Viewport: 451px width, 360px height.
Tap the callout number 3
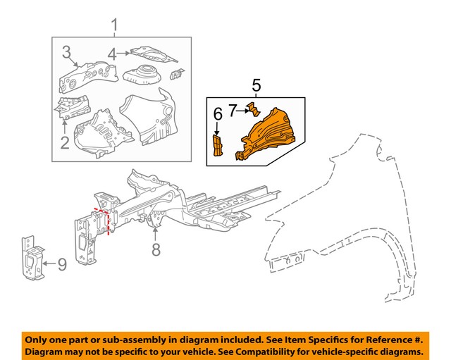coord(66,51)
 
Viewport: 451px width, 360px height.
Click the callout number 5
coord(257,86)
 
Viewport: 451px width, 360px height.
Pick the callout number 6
coord(218,113)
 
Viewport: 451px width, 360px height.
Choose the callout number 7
coord(232,110)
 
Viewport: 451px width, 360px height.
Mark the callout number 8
coord(156,248)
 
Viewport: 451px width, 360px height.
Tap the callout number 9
coord(61,265)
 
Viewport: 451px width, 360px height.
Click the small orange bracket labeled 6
coord(217,147)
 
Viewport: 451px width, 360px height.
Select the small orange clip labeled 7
coord(253,109)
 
